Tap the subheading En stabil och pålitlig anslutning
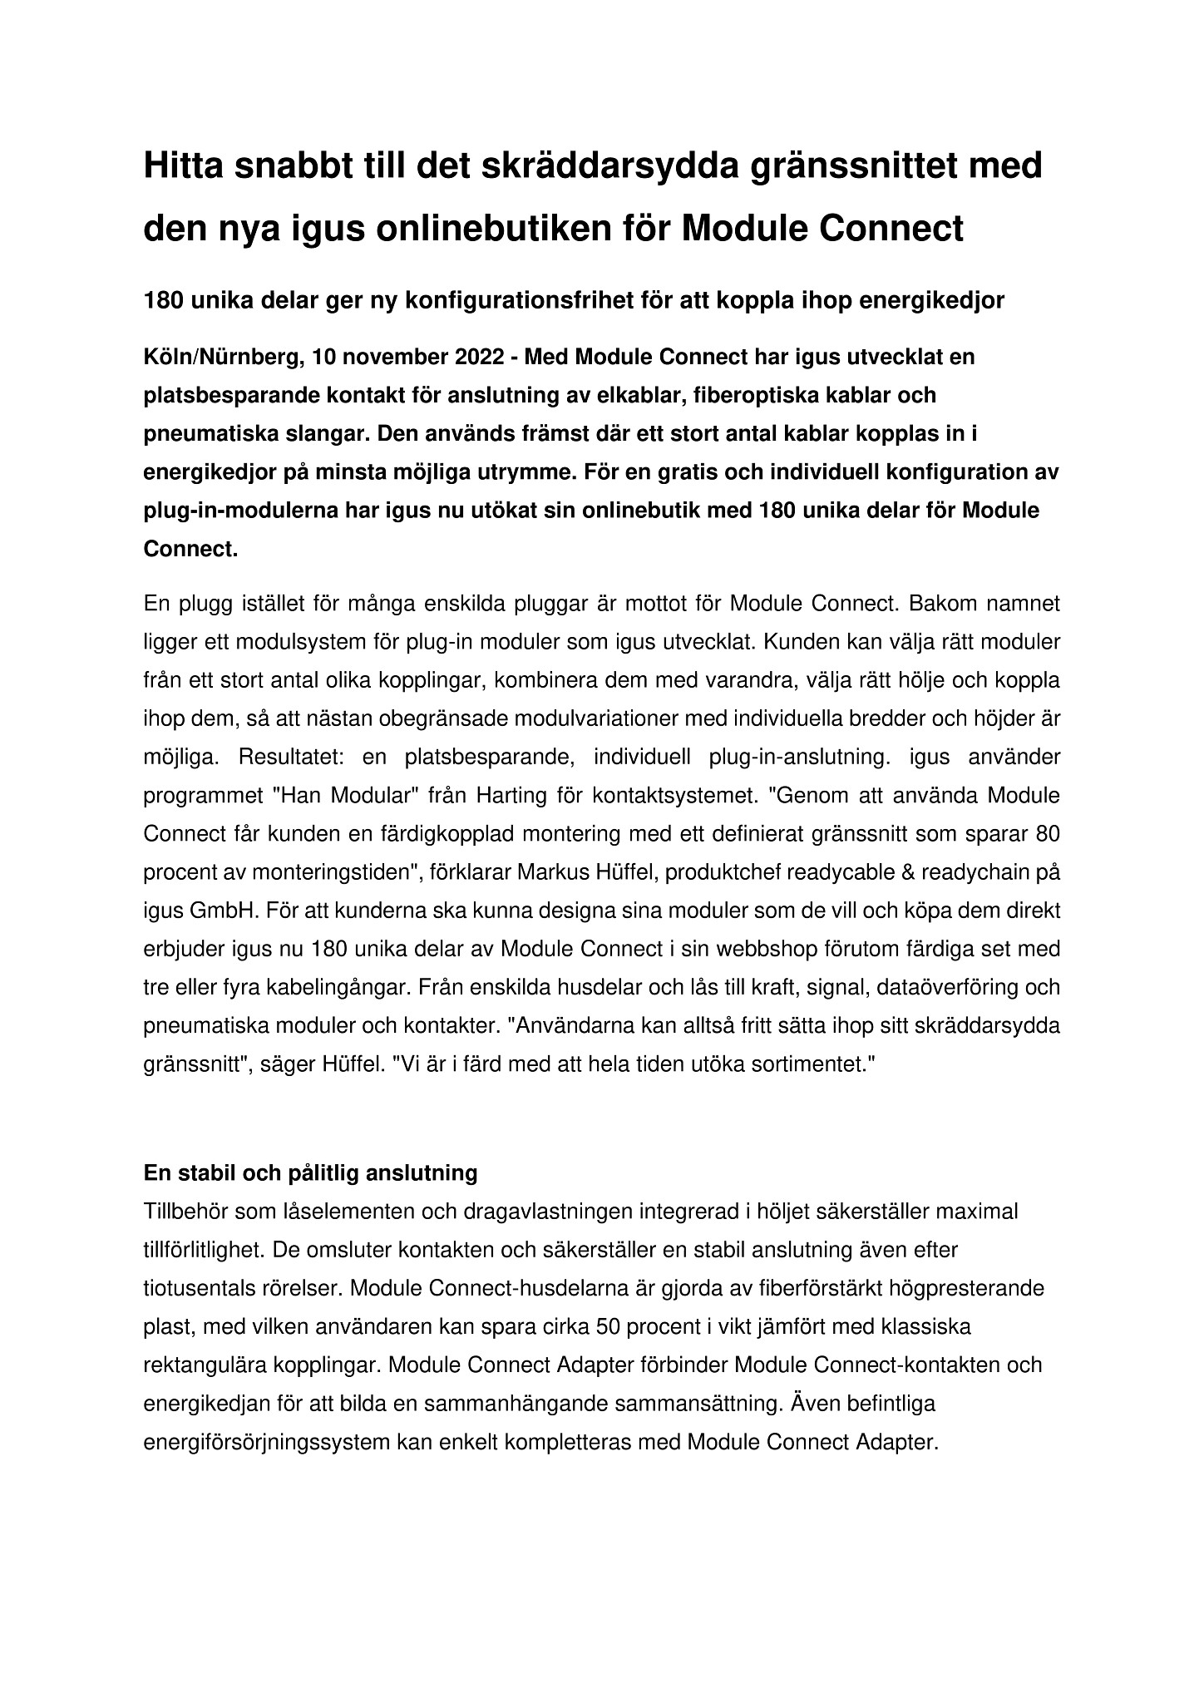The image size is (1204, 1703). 311,1173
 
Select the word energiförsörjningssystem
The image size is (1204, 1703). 267,1442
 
